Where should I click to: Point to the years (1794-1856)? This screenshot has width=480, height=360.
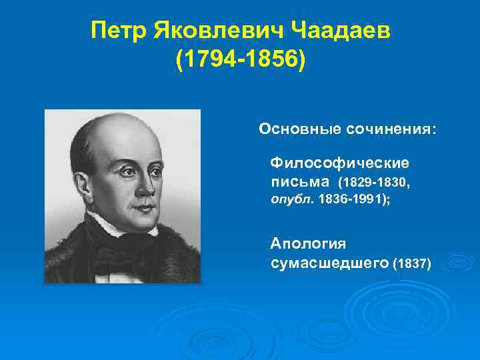click(239, 60)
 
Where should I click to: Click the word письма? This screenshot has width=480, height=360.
click(300, 181)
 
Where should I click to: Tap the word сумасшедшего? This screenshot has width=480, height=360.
click(330, 264)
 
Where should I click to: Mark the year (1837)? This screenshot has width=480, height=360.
click(413, 265)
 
